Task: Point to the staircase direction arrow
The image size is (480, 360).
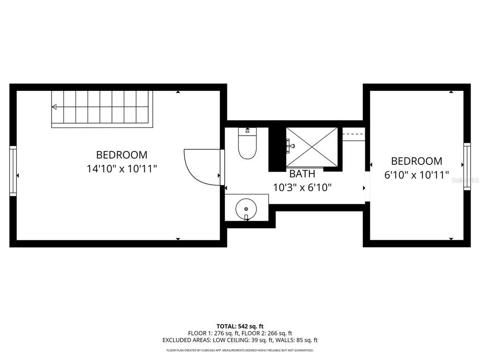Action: (55, 107)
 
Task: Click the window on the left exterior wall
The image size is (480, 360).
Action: (13, 171)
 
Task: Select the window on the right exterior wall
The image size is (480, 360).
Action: (467, 166)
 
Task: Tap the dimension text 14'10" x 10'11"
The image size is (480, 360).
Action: (121, 169)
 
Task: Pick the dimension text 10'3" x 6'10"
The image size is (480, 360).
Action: (302, 187)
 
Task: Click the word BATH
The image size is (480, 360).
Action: (302, 174)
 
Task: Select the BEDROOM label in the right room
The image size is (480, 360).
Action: (417, 161)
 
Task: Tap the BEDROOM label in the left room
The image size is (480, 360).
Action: (121, 155)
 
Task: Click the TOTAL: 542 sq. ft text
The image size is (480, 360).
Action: (240, 326)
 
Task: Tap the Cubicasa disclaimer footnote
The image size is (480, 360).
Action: (240, 350)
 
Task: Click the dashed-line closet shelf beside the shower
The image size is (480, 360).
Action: (353, 134)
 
